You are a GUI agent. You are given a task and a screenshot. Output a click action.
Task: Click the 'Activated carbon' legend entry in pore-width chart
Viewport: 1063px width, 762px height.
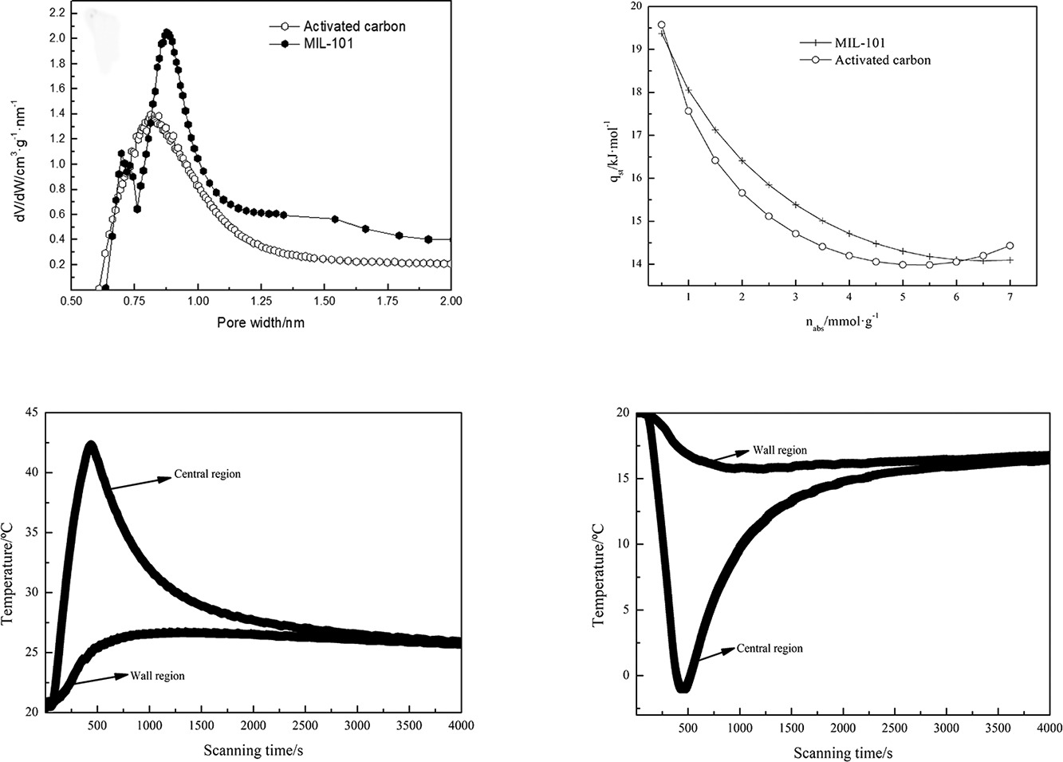354,26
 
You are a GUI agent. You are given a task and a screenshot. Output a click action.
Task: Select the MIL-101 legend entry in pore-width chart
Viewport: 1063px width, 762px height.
328,43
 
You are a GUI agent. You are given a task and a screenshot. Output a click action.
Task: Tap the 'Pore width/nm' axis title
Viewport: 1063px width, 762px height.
261,323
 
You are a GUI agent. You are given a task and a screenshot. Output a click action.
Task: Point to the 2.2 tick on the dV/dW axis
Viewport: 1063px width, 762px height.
56,13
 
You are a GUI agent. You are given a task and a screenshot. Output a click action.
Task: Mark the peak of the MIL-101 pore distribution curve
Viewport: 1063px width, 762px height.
167,34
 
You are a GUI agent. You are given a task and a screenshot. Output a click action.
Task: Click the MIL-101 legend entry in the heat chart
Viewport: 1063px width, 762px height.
860,43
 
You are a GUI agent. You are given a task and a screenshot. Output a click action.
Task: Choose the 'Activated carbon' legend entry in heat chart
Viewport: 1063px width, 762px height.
882,60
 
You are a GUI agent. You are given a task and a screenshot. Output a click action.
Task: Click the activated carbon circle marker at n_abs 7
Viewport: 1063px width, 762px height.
1010,246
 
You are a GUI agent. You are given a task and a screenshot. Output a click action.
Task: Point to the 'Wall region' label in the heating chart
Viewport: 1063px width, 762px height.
157,676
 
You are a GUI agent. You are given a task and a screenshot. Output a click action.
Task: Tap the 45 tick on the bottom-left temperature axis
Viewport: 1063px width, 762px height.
32,413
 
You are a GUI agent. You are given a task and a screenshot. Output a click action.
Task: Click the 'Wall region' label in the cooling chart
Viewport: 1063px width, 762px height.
780,451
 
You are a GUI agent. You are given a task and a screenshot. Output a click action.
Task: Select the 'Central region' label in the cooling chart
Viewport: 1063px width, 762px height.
770,649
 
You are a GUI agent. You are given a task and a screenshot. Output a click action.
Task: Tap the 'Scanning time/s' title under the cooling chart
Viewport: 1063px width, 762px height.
843,753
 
